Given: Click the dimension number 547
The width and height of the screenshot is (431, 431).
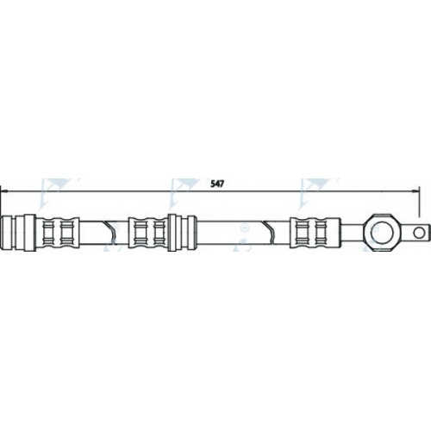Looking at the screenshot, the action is point(217,184).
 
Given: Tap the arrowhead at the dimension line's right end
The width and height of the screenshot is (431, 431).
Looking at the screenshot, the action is point(415,191).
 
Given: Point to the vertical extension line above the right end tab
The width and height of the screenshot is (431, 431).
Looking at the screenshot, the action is point(419,201).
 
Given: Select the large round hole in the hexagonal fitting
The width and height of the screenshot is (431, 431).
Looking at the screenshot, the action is point(381,233).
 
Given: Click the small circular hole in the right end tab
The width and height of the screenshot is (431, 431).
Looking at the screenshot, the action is point(419,233).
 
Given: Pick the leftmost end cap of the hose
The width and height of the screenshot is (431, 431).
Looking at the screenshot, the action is point(8,233).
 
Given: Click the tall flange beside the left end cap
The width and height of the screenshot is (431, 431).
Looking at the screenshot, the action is point(29,233).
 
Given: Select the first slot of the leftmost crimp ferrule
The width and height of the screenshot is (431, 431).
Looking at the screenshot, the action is point(47,233).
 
